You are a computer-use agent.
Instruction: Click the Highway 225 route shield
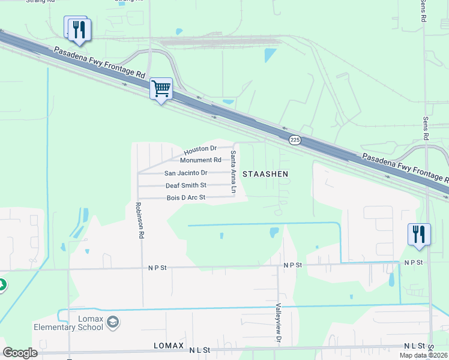(x=294, y=140)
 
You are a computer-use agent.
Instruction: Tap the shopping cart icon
(x=161, y=88)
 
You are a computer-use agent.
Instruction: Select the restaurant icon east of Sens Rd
(x=419, y=234)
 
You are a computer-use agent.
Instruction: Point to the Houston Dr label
(x=200, y=149)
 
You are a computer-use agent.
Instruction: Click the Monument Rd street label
(x=200, y=160)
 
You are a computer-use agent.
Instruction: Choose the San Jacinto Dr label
(x=185, y=173)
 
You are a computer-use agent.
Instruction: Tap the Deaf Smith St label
(x=186, y=185)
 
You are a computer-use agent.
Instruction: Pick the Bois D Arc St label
(x=186, y=197)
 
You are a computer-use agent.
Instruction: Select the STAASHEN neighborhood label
(x=265, y=173)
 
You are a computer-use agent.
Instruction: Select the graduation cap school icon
(x=113, y=323)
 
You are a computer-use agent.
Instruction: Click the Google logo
(x=20, y=353)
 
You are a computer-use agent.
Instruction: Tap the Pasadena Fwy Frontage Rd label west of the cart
(x=99, y=62)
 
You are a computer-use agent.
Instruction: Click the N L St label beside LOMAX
(x=199, y=349)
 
